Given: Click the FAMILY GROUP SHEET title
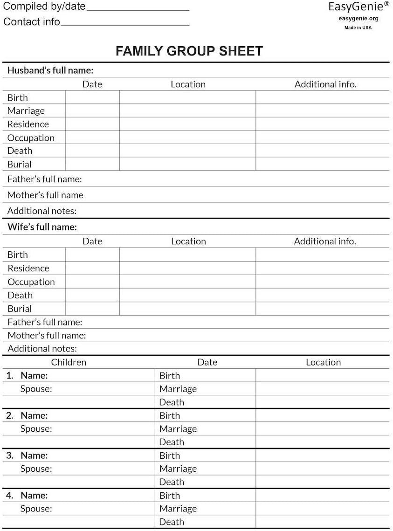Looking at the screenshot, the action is click(x=189, y=51).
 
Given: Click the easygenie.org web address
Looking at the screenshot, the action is click(x=359, y=19).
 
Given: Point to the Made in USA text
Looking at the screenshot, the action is click(x=358, y=28).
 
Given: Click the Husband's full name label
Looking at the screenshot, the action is click(x=50, y=70).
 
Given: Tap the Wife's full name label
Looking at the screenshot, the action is click(x=42, y=227).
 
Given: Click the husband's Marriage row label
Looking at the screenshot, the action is click(x=26, y=110).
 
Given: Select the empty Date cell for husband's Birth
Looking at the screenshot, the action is click(x=92, y=97).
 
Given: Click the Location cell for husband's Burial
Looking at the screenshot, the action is click(x=187, y=164).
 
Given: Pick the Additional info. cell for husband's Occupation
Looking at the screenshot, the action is click(x=322, y=138).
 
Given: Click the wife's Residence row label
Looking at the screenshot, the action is click(x=28, y=268).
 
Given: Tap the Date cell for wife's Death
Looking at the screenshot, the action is click(x=92, y=295).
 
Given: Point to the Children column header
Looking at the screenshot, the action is click(x=69, y=362).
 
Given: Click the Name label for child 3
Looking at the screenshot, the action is click(x=34, y=455).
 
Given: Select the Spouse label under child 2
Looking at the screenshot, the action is click(x=36, y=429).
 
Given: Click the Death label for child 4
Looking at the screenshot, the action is click(x=172, y=522).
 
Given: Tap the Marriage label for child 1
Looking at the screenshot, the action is click(x=178, y=389).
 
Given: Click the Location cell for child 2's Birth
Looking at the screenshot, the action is click(x=322, y=415).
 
